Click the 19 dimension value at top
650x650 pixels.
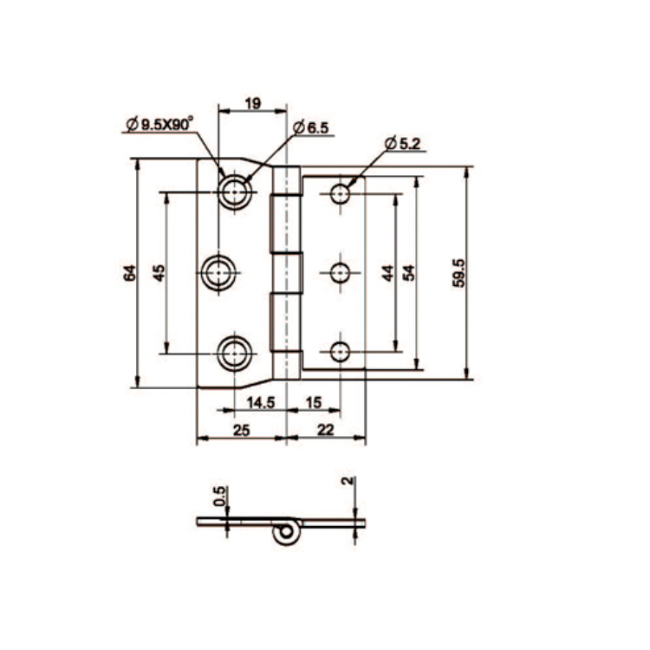coord(252,104)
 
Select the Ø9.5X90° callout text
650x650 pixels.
coord(159,125)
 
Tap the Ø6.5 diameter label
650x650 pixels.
coord(311,128)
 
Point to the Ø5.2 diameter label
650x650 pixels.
coord(400,144)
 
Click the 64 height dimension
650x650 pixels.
coord(129,272)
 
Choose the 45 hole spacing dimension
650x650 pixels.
coord(159,272)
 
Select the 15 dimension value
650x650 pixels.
coord(313,402)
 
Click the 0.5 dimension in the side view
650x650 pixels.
coord(220,496)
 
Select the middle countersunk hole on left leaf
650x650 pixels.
coord(218,273)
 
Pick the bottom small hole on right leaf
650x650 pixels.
coord(341,352)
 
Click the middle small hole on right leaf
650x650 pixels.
coord(341,273)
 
